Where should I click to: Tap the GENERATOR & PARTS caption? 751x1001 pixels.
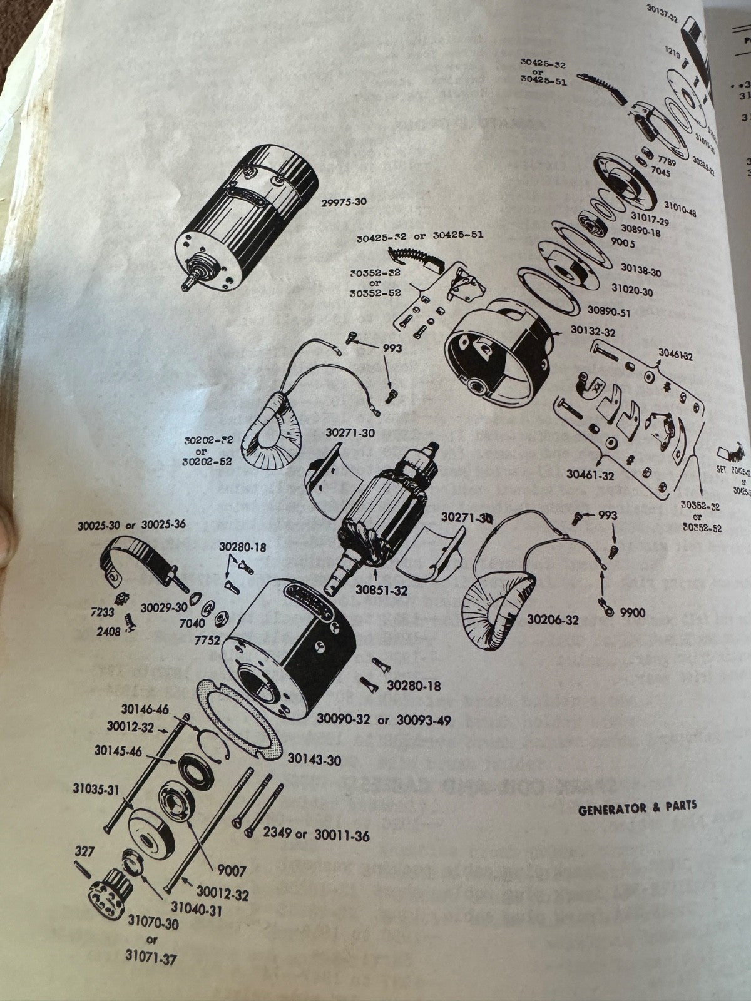point(636,806)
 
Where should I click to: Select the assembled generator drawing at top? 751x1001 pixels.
point(247,216)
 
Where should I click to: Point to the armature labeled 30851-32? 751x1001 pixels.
point(382,510)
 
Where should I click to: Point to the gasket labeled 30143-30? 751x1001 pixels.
point(237,719)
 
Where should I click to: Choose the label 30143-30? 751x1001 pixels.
point(314,760)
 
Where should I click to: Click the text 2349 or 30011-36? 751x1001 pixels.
point(315,835)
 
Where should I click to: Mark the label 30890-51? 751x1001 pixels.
point(609,311)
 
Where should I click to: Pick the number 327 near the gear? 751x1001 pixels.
point(84,851)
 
